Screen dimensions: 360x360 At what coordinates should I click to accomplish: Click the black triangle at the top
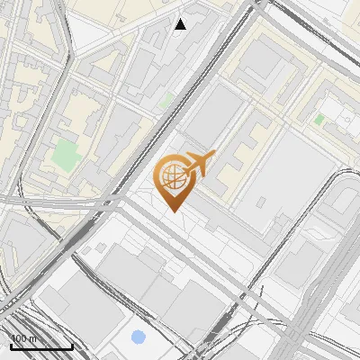tap(181, 24)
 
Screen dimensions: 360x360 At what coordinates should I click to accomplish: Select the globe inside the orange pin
tap(175, 175)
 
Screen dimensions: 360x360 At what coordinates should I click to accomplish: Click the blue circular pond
tap(138, 338)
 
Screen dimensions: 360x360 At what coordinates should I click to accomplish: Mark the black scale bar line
tap(41, 346)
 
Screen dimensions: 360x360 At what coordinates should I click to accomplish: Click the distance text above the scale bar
tap(24, 338)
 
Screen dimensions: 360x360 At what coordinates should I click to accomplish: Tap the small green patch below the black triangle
tap(166, 102)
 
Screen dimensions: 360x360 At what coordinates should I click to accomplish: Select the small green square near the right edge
tap(319, 119)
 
